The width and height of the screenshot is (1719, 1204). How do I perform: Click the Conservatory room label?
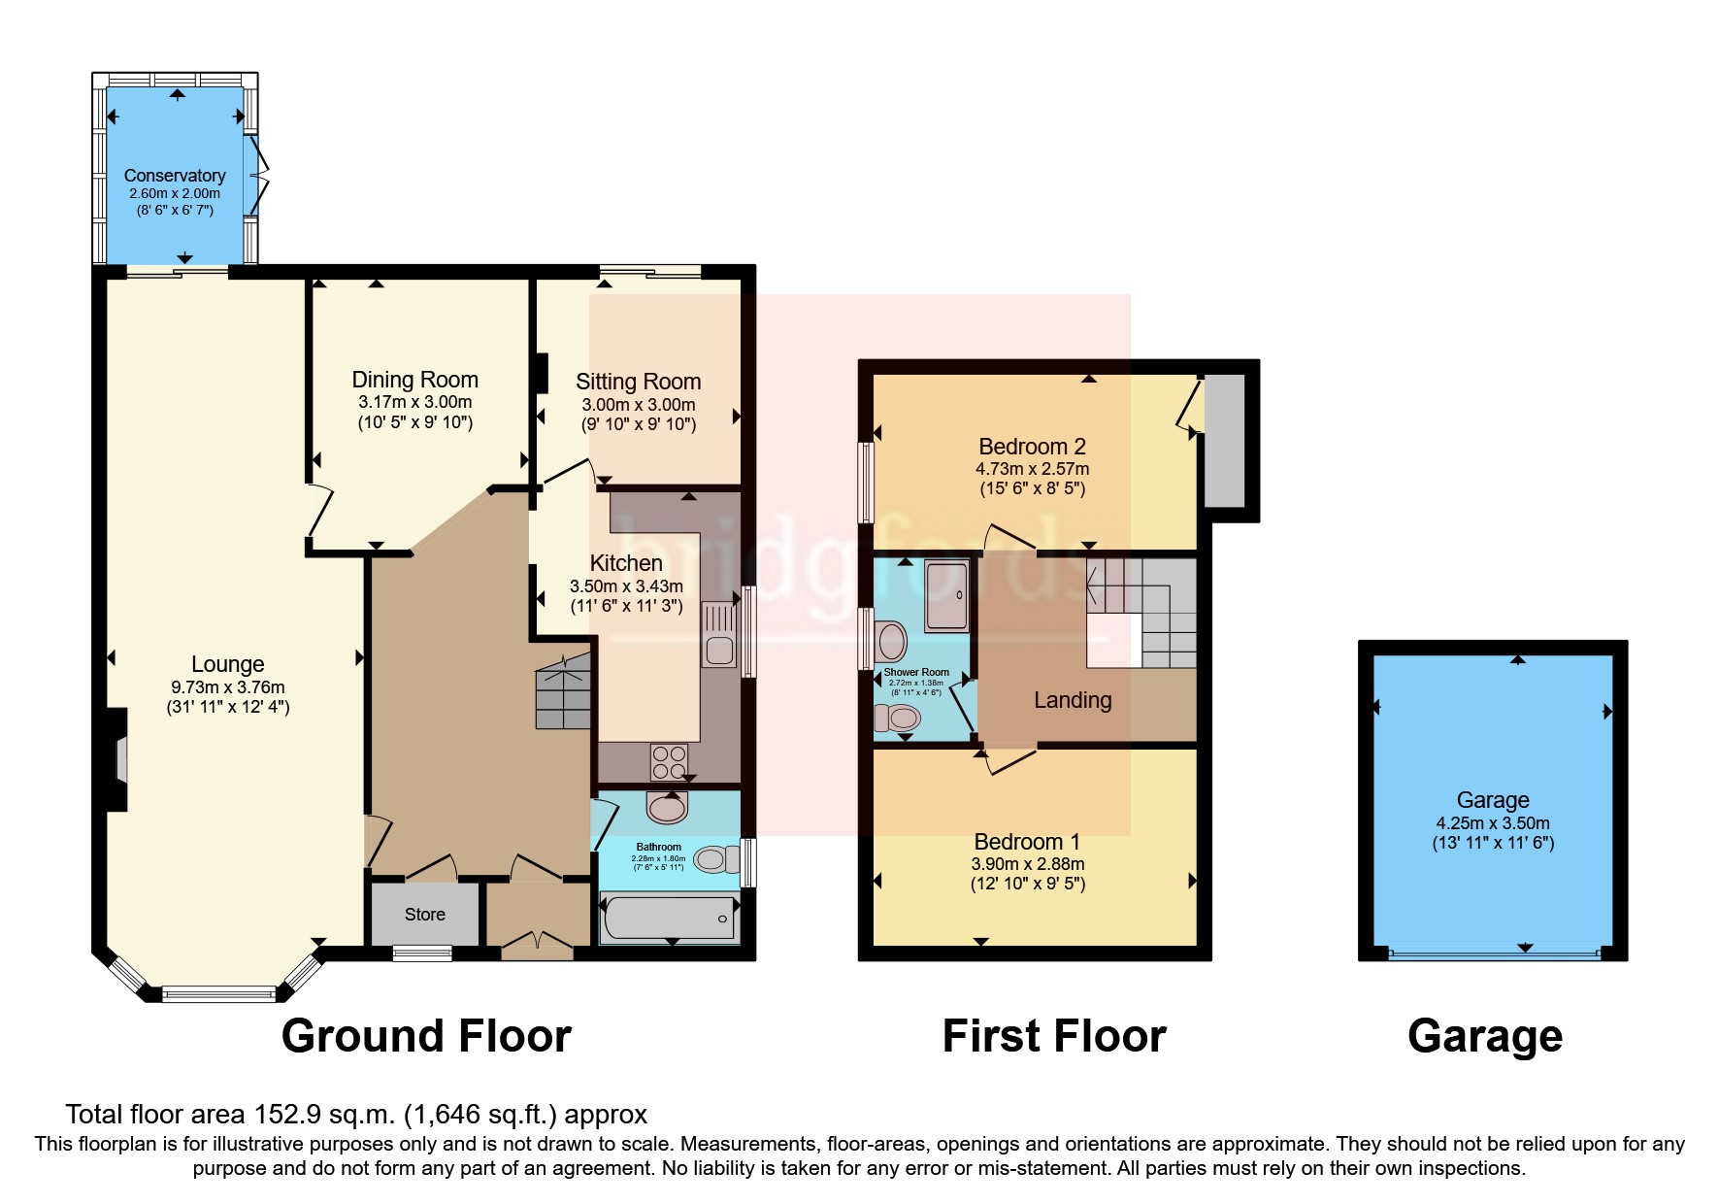(175, 176)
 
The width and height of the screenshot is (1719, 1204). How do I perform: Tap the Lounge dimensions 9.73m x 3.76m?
(227, 686)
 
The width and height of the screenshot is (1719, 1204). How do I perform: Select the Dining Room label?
(414, 380)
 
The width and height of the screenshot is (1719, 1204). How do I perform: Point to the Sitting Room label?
(638, 382)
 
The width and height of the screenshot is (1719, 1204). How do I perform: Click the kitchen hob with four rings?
(668, 761)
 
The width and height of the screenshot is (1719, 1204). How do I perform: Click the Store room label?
(424, 915)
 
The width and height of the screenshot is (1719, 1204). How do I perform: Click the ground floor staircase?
(564, 691)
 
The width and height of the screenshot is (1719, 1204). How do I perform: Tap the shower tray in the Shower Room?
(945, 594)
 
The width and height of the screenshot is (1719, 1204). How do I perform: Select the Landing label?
(1073, 700)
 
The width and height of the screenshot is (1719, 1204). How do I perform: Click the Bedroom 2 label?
(1032, 447)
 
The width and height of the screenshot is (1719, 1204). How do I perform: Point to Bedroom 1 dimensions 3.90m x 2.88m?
(1028, 864)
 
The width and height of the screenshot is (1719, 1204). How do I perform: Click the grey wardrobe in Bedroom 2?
(1223, 441)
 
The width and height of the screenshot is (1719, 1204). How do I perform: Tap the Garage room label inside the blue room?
(1492, 800)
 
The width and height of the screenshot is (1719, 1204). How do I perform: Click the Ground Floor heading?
(426, 1036)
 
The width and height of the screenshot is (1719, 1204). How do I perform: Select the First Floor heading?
(1054, 1036)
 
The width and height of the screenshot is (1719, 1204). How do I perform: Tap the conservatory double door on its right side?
(258, 176)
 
